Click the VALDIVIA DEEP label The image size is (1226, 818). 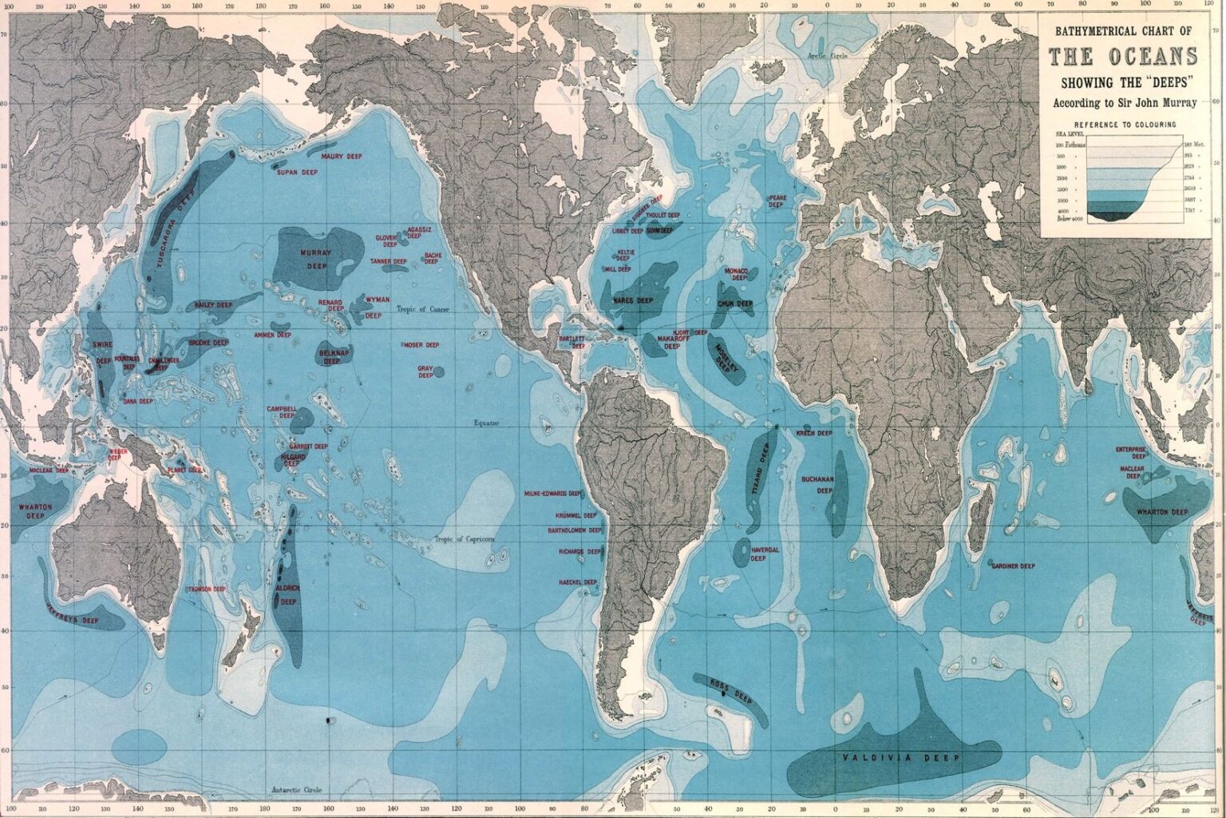point(900,757)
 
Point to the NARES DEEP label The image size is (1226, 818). point(633,300)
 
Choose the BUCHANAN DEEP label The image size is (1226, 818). point(818,485)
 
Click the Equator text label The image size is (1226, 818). point(485,423)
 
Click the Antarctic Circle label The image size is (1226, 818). point(295,790)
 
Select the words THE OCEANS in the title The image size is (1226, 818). point(1122,58)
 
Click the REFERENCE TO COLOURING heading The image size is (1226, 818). point(1125,125)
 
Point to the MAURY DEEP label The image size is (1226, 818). point(342,157)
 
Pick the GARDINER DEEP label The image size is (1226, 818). point(1013,566)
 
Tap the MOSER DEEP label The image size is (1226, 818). point(421,345)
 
